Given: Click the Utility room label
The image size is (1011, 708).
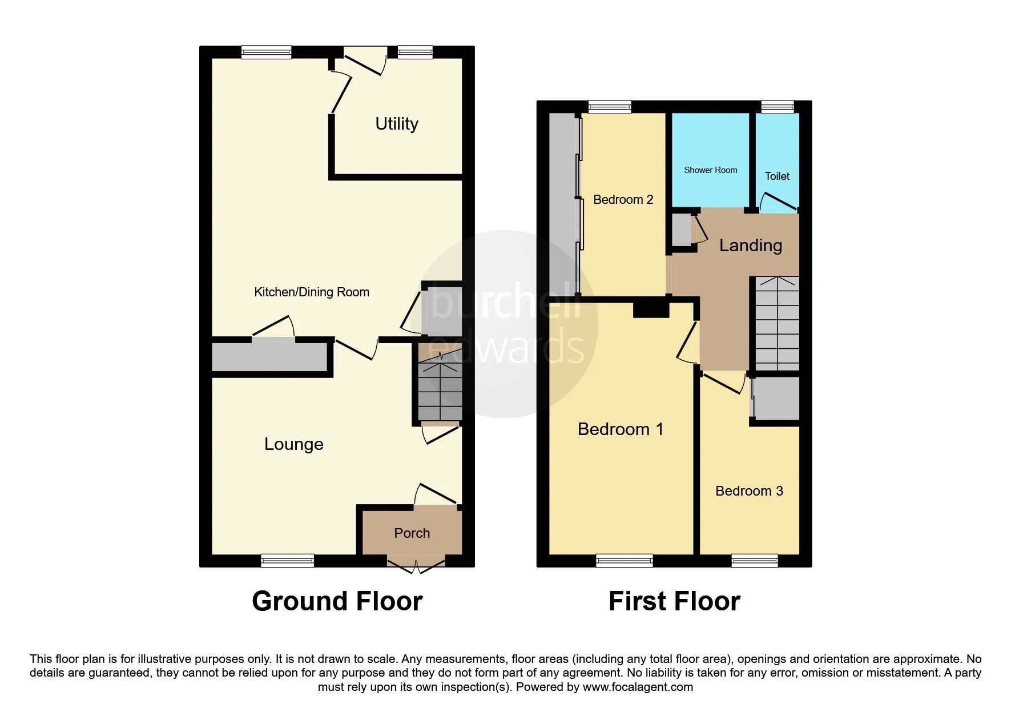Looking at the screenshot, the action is point(397,124).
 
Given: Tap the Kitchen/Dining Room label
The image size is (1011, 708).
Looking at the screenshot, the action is point(312,292).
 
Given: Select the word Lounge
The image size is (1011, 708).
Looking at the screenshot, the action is point(294,444).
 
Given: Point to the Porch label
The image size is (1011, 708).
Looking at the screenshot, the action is point(412,533).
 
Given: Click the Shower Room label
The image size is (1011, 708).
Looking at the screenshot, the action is point(711,170).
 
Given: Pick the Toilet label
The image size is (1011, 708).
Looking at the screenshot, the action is point(777,176).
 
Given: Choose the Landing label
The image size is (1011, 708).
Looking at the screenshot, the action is point(751,246).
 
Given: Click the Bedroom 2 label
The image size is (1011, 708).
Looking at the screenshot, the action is point(623,200).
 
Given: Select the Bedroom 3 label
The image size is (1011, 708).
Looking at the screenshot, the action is point(749,491).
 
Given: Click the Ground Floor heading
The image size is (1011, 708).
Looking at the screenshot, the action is point(337,601).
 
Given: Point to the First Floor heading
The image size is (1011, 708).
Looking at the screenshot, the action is point(674,601).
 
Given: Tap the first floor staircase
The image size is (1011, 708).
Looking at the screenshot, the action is point(777,323).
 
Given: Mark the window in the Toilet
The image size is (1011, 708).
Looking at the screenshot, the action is point(778,107).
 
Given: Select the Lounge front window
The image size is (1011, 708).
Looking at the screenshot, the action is point(287,561).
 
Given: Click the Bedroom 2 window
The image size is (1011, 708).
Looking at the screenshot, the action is point(610,107).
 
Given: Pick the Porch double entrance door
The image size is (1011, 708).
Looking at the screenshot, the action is point(416,566).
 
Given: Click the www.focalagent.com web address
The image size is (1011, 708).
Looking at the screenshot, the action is point(638,687).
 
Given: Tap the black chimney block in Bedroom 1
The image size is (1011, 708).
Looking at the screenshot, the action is point(651,309).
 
